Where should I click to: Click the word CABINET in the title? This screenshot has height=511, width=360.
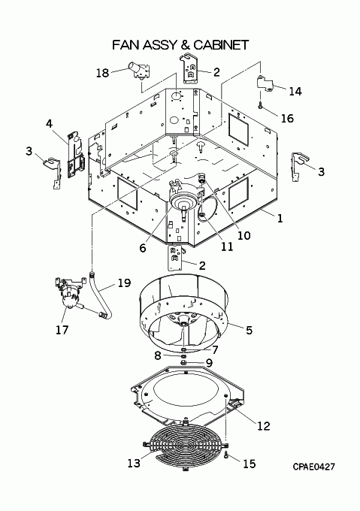click(221, 45)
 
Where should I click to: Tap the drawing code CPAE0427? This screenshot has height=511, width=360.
click(313, 467)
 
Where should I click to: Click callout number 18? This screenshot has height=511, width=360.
click(102, 72)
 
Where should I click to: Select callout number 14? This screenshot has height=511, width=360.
click(295, 91)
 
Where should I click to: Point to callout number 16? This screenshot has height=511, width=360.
click(287, 118)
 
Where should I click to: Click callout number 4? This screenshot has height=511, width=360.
click(49, 123)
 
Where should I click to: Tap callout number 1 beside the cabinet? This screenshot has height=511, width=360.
click(280, 218)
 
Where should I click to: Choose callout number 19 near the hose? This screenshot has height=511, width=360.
click(124, 283)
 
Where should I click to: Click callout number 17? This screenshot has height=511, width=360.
click(62, 330)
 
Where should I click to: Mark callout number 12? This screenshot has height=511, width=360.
click(264, 425)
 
